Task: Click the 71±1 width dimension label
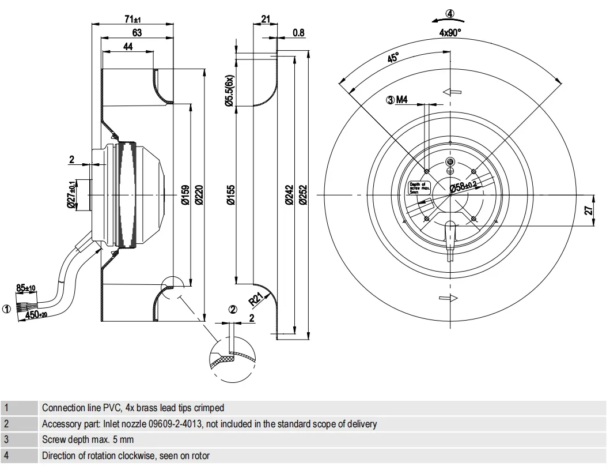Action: pyautogui.click(x=132, y=19)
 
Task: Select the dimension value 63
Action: pyautogui.click(x=137, y=33)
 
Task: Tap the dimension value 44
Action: pyautogui.click(x=128, y=47)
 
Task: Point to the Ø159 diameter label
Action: pyautogui.click(x=185, y=194)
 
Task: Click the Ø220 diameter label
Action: pyautogui.click(x=200, y=194)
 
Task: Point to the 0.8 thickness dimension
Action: pyautogui.click(x=298, y=33)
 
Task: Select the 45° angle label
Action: pyautogui.click(x=393, y=58)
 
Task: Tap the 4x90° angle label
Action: pyautogui.click(x=450, y=33)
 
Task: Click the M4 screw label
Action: pyautogui.click(x=402, y=100)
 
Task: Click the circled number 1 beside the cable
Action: pyautogui.click(x=6, y=309)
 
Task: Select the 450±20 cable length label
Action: pyautogui.click(x=38, y=314)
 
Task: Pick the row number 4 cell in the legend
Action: pyautogui.click(x=6, y=456)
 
